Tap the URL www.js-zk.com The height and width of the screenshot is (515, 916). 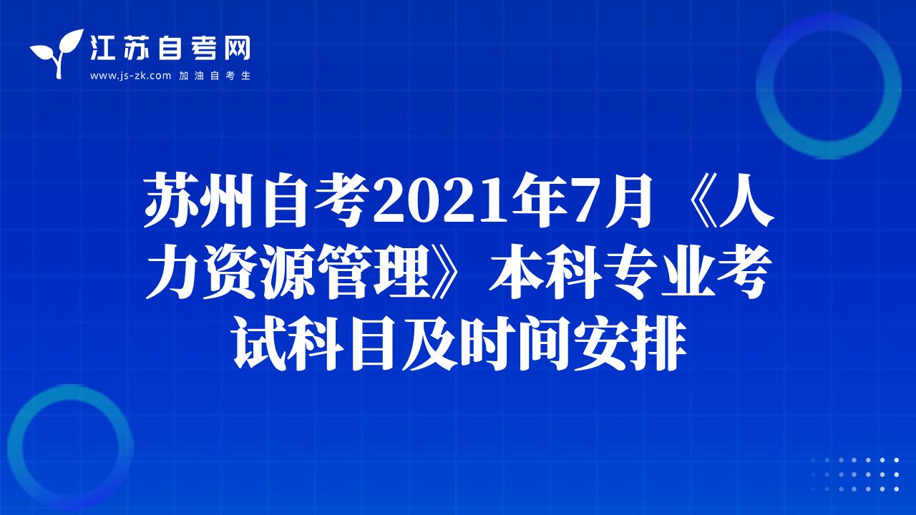(130, 76)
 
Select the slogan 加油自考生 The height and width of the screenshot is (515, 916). (214, 76)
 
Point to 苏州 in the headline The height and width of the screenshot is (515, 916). (202, 200)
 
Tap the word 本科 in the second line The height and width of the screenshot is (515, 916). (546, 271)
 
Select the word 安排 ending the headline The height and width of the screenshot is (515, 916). (630, 343)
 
